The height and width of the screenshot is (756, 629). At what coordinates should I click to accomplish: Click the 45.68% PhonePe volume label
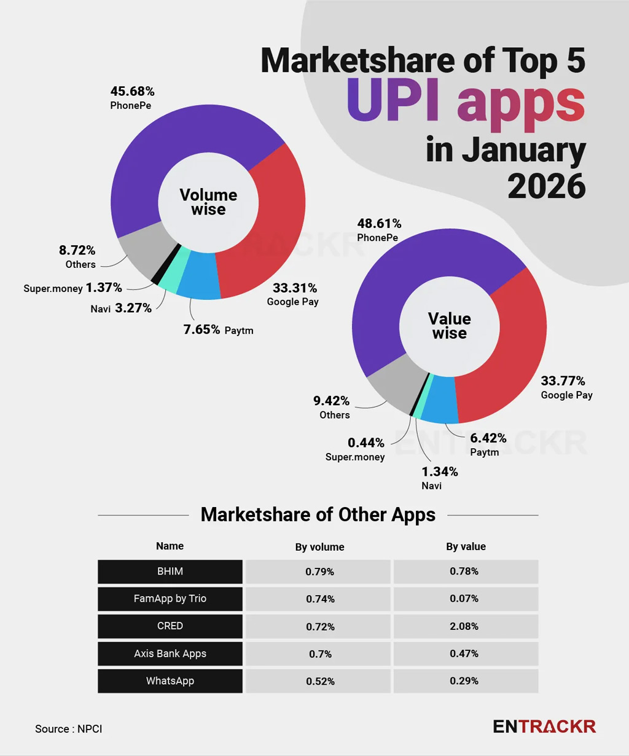(x=132, y=98)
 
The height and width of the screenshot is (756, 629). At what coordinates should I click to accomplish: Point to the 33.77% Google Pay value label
(x=566, y=387)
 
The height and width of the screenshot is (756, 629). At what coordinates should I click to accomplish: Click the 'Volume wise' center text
(x=208, y=202)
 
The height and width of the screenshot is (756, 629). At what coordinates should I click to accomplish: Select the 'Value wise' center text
(x=449, y=326)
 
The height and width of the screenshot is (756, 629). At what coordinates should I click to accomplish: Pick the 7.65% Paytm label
(x=217, y=330)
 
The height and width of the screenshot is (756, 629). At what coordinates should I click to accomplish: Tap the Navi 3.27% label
(x=121, y=309)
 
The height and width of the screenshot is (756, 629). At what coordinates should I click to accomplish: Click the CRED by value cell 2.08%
(x=465, y=626)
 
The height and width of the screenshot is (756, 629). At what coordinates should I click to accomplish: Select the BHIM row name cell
(x=170, y=572)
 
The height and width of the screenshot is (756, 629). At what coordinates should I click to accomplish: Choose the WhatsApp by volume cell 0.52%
(x=319, y=681)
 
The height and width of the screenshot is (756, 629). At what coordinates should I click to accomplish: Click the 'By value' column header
(x=466, y=546)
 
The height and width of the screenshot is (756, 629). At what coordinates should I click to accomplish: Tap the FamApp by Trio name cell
(x=170, y=599)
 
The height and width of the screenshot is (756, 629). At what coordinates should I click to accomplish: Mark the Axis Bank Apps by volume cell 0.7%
(x=319, y=654)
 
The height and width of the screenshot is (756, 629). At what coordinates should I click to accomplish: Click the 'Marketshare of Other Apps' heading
(x=318, y=514)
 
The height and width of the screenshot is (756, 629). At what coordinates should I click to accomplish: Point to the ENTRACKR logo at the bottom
(x=544, y=726)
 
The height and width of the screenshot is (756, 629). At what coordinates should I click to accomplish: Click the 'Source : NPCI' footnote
(x=69, y=729)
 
